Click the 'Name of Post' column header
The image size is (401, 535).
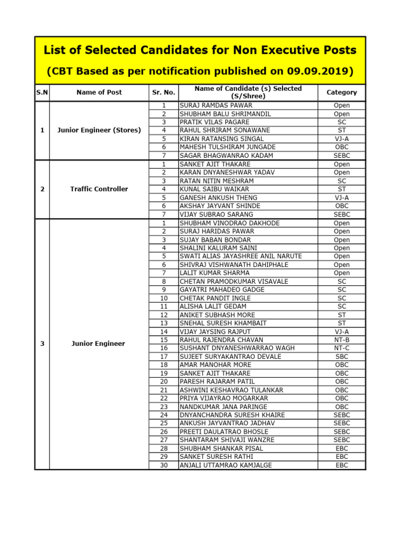pos(99,92)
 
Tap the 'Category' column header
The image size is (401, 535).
pos(341,92)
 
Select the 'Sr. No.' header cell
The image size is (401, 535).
pos(163,92)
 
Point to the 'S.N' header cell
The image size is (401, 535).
pos(42,92)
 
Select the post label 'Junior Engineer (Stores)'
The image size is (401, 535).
pos(99,130)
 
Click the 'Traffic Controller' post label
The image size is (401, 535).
pos(99,189)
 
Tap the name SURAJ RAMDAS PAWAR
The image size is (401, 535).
pos(208,105)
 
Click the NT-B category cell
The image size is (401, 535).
pos(342,340)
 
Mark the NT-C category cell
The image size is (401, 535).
pos(342,348)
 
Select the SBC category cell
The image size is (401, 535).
pos(342,356)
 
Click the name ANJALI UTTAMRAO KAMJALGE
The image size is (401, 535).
pos(226,465)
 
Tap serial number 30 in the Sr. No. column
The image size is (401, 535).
pos(164,465)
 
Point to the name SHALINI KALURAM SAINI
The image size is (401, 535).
pos(218,248)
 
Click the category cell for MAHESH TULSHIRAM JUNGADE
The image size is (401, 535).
pos(342,147)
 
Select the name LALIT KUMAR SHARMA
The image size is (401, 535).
pos(214,273)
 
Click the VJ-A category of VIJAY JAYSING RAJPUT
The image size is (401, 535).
pos(342,331)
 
